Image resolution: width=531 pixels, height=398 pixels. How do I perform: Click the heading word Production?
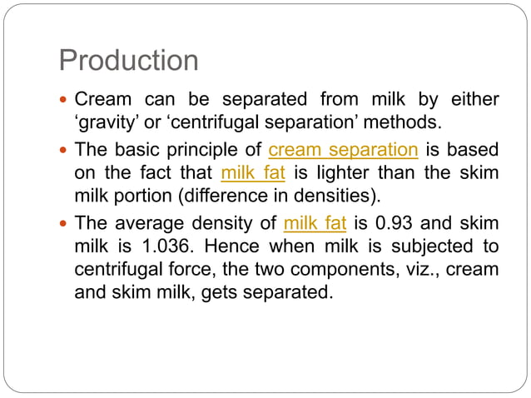coord(129,61)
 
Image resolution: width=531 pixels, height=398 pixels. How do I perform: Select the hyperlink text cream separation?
coord(343,151)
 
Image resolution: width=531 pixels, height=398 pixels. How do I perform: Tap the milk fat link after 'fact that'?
coord(253,174)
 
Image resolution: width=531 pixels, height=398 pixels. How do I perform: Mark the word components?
coord(323,270)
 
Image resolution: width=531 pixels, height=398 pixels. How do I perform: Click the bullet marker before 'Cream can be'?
coord(64,101)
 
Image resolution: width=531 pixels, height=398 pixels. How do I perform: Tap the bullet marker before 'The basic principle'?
coord(64,151)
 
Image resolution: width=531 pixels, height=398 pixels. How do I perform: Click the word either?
coord(474,101)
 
